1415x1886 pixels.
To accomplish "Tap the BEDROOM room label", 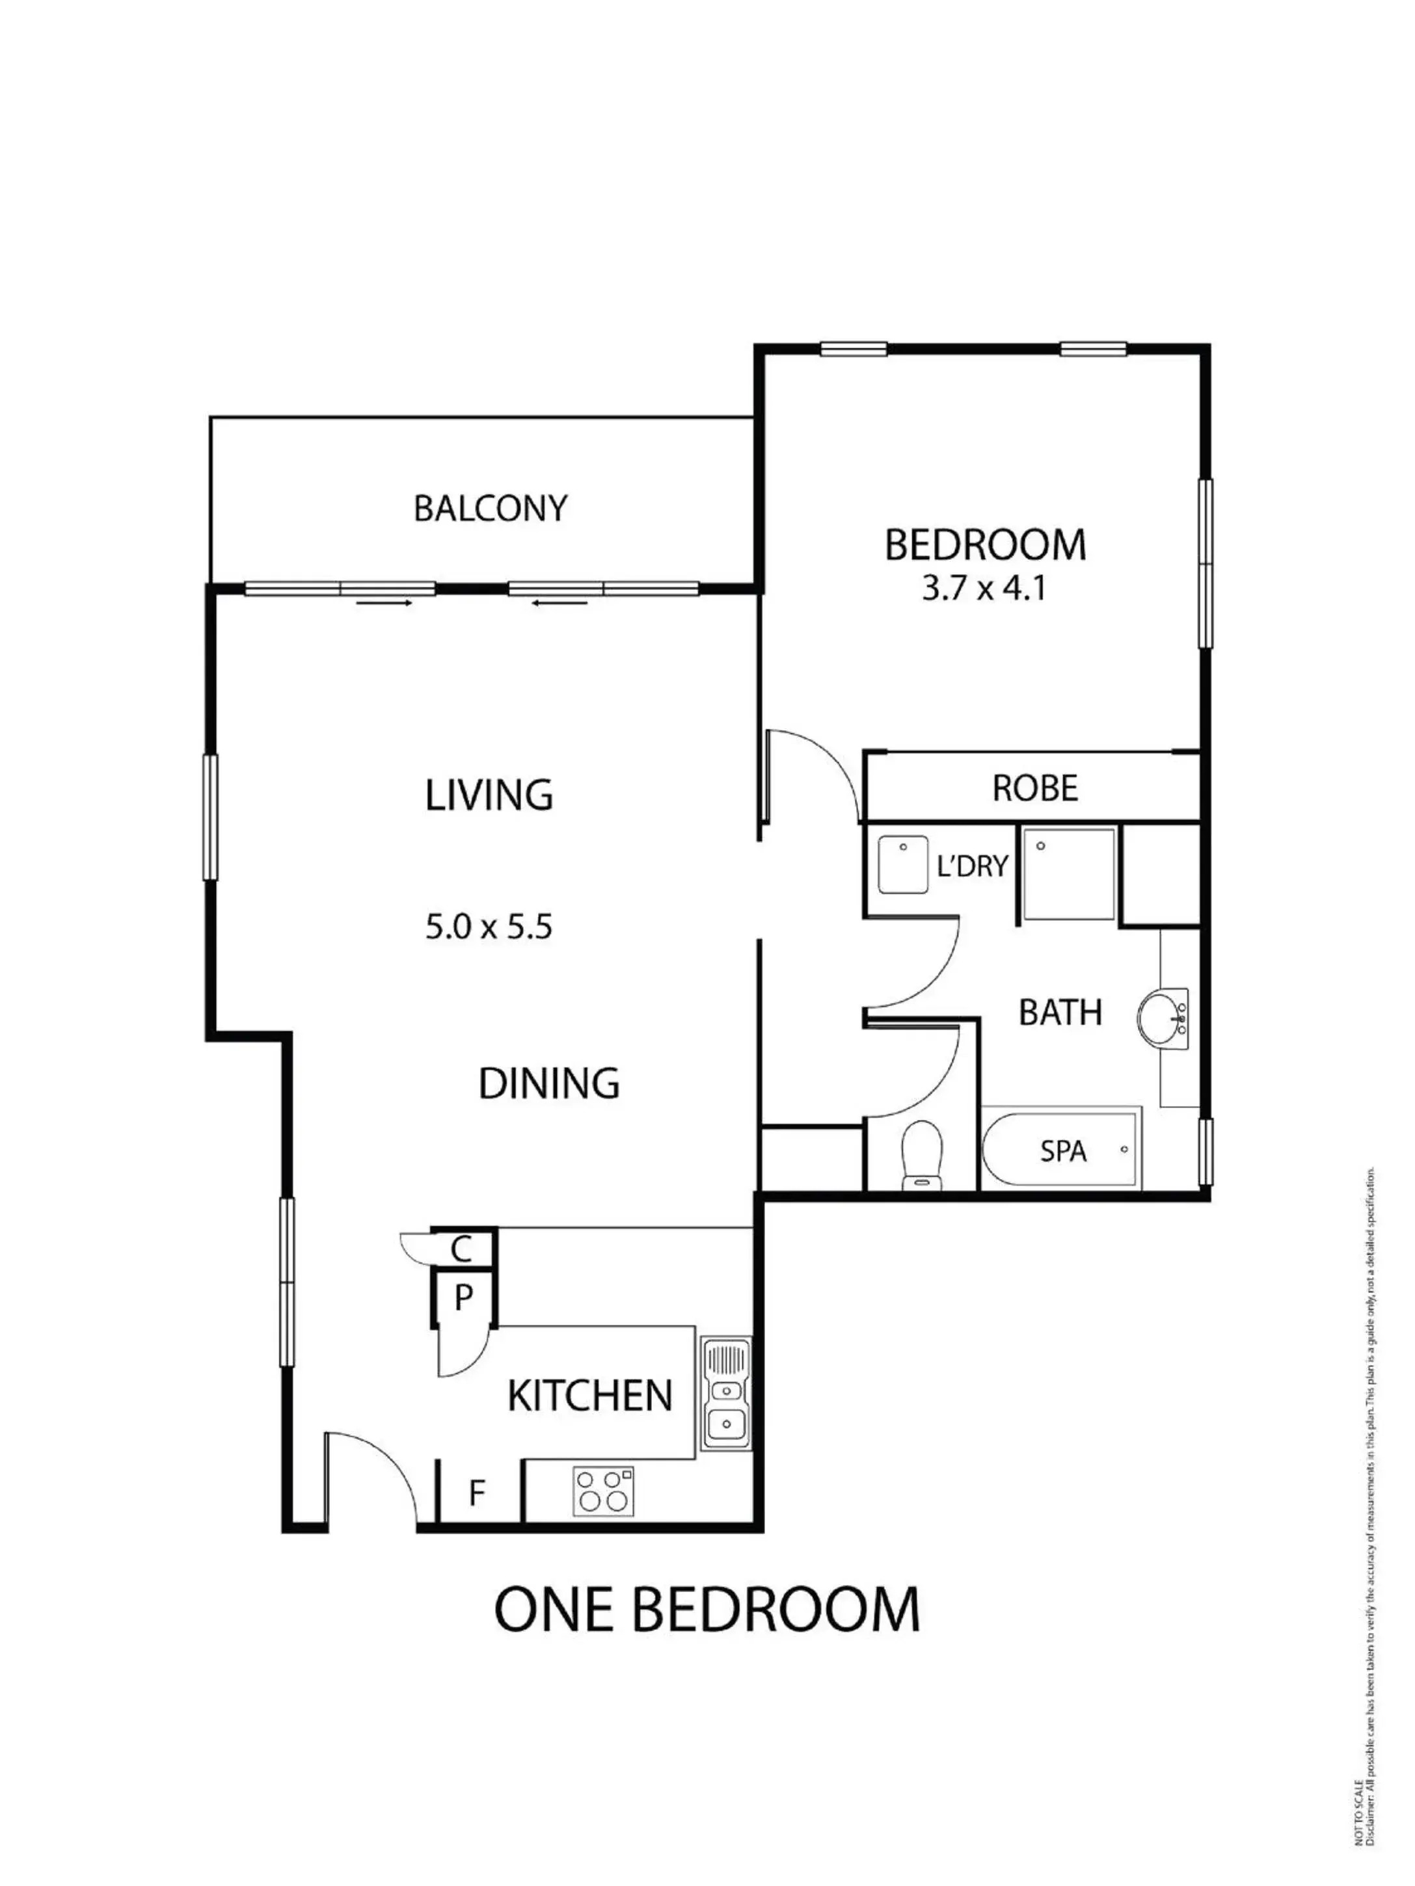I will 984,546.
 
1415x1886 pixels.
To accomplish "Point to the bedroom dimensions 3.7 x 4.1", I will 984,589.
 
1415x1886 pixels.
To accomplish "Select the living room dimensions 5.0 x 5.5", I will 488,927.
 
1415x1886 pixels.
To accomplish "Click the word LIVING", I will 489,795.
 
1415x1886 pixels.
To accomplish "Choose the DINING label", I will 548,1083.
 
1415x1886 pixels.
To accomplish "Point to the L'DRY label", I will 971,866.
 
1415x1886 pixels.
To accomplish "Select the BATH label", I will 1060,1012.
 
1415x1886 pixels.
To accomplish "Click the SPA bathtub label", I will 1063,1151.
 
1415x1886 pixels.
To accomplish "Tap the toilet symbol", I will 921,1153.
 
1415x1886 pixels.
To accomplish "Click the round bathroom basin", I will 1162,1017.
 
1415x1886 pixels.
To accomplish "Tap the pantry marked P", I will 463,1297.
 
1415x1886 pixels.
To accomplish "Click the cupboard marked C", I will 461,1249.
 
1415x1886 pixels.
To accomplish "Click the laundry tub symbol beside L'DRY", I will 902,864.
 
